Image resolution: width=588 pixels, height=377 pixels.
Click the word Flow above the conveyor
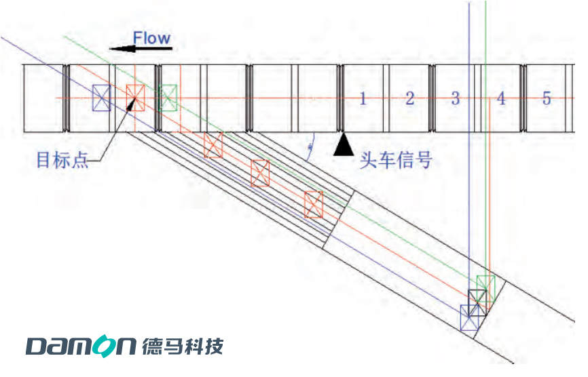pos(151,38)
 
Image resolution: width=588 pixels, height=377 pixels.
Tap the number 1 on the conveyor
pos(363,98)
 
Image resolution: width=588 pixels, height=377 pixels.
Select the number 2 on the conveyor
pos(409,98)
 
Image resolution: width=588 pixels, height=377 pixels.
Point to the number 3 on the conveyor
pos(455,98)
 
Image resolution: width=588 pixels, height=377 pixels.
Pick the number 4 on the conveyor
pos(501,98)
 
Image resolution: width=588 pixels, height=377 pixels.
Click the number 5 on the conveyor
pos(547,98)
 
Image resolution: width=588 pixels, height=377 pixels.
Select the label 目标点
pos(62,161)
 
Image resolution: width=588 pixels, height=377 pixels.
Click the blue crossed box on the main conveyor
pos(101,98)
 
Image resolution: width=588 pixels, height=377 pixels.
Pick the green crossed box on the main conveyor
pos(168,98)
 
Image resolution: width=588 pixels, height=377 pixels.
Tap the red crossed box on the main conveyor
pos(135,98)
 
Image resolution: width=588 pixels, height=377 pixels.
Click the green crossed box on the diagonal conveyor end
pos(485,284)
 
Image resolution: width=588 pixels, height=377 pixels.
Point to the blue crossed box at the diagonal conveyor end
pos(469,317)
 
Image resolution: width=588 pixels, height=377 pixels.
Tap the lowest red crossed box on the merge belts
pos(313,204)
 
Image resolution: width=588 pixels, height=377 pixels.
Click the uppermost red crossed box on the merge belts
pos(213,145)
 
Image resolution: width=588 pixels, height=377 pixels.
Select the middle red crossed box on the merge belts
pos(260,173)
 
